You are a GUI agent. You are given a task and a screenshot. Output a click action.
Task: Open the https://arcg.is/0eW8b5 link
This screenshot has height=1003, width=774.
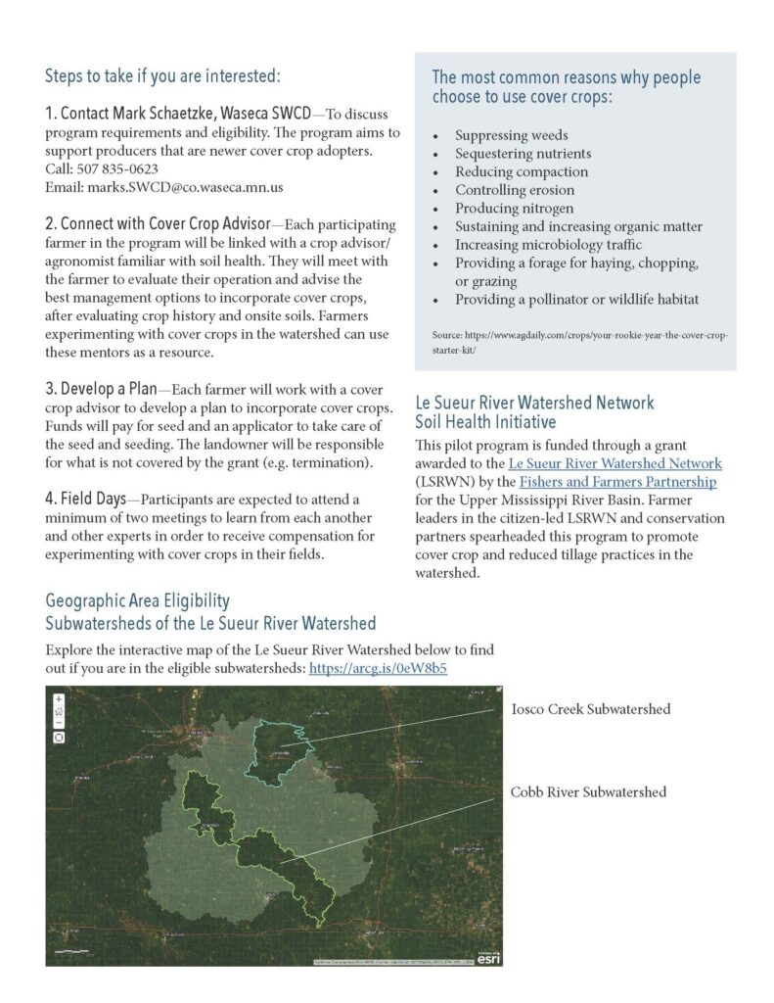point(378,668)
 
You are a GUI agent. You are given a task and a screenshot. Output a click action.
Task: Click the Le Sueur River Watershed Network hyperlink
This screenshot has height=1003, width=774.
point(615,463)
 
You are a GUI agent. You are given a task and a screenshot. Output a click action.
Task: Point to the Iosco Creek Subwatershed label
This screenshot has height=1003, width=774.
point(590,708)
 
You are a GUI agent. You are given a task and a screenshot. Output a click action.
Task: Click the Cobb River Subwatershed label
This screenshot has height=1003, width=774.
point(588,791)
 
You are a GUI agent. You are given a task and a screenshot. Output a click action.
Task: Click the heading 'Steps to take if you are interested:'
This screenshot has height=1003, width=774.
point(162,75)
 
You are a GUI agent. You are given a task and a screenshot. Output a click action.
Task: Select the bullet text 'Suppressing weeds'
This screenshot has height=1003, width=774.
point(511,135)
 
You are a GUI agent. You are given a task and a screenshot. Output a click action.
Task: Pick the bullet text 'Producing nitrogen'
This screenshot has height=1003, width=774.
point(514,209)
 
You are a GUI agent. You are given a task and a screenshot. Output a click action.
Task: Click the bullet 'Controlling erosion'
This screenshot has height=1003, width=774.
point(515,190)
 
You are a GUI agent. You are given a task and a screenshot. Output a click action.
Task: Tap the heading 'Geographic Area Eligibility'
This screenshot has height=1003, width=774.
point(137,601)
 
